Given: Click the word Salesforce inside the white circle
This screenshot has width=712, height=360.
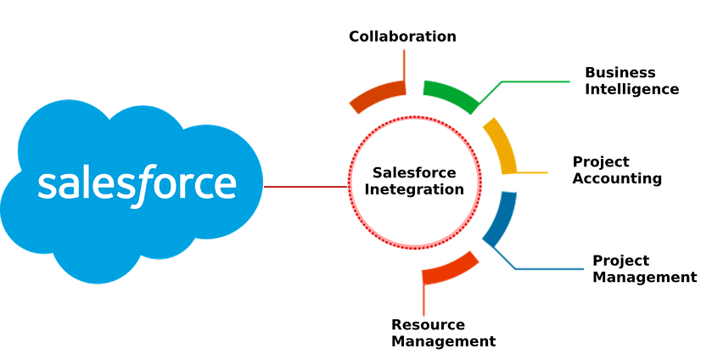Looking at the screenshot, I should (414, 173).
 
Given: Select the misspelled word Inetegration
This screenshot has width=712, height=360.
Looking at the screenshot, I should (414, 189).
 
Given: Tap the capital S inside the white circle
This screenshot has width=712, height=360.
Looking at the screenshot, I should (378, 173).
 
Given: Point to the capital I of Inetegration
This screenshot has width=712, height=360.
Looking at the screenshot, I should (367, 189).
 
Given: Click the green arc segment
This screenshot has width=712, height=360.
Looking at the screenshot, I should (451, 94).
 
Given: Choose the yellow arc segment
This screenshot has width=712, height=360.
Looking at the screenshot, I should (502, 144).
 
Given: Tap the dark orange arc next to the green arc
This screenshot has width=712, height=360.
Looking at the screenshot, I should (378, 95).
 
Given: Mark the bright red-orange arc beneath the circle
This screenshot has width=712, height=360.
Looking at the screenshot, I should (451, 267).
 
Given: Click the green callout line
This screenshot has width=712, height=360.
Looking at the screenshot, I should (535, 82).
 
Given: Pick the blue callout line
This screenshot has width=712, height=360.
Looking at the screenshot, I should (547, 269).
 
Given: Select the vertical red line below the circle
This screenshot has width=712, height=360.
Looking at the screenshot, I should (423, 299).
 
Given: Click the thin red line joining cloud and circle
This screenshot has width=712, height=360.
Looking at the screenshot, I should (306, 187).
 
